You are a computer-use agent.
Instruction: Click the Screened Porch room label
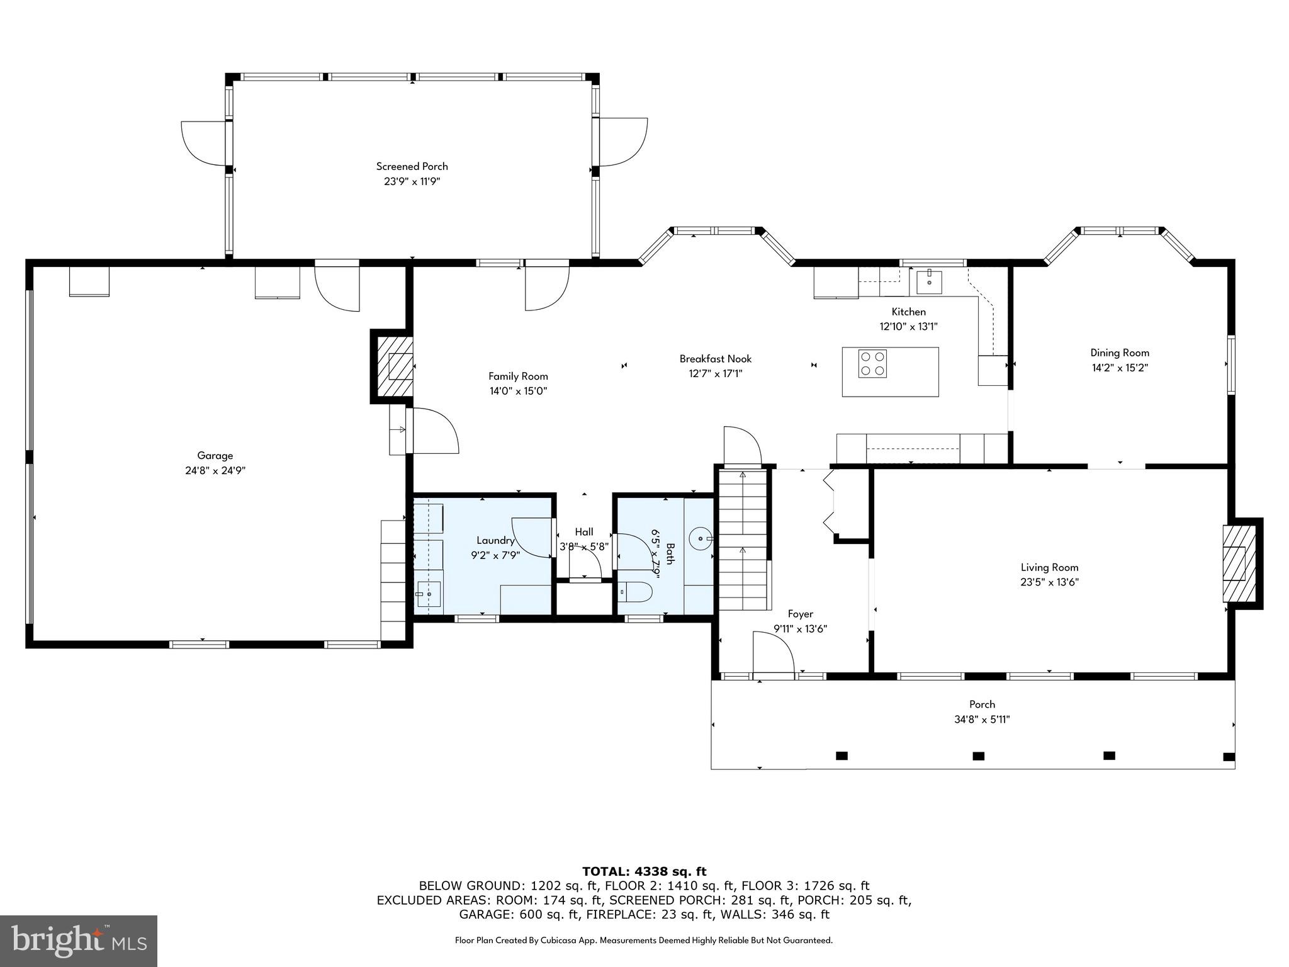point(412,166)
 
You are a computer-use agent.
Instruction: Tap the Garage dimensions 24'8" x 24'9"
point(215,471)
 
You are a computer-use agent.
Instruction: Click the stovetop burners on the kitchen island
point(873,364)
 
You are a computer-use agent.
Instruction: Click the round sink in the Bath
point(701,539)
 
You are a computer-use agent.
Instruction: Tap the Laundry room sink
point(429,594)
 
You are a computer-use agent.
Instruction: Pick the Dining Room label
point(1120,353)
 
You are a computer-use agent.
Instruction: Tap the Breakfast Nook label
point(716,359)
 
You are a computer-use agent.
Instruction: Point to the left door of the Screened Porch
point(203,144)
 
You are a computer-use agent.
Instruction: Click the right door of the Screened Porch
point(623,142)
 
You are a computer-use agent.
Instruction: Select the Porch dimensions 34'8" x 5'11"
point(982,720)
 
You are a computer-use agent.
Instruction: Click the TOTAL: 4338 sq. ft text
point(644,872)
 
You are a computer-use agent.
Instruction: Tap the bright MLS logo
point(79,941)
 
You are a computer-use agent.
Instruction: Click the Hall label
point(583,532)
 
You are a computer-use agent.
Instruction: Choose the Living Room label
point(1049,567)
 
